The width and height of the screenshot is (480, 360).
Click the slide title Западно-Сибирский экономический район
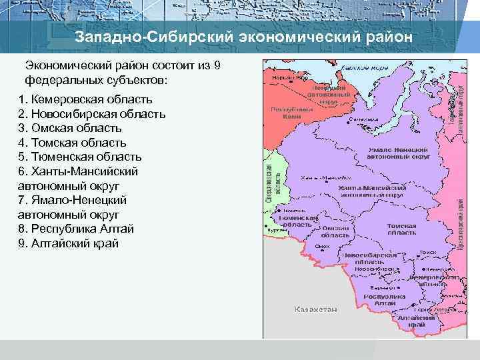pyautogui.click(x=243, y=36)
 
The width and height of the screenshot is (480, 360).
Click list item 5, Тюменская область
pyautogui.click(x=80, y=157)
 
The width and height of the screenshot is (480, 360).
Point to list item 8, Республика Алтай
pyautogui.click(x=77, y=229)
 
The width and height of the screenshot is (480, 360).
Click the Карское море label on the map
pyautogui.click(x=365, y=68)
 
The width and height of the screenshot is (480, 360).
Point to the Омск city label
pyautogui.click(x=323, y=246)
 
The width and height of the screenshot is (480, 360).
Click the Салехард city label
pyautogui.click(x=363, y=120)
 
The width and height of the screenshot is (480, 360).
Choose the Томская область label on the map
pyautogui.click(x=401, y=229)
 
